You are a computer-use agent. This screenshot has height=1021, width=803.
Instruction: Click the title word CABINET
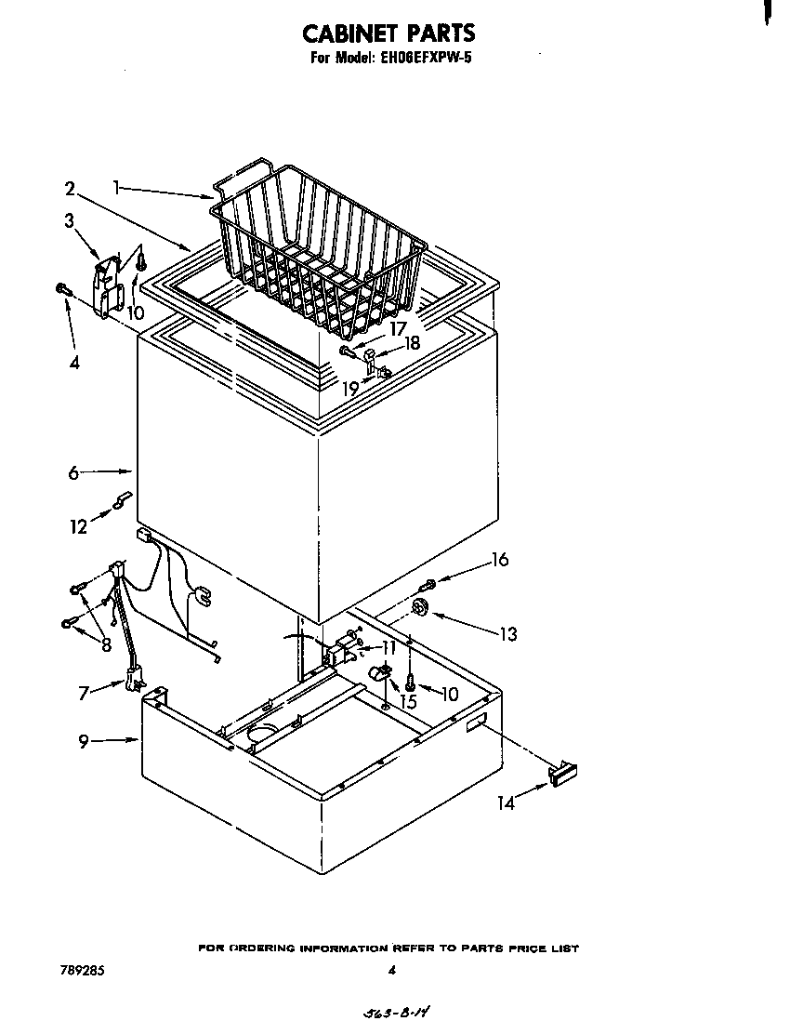point(352,33)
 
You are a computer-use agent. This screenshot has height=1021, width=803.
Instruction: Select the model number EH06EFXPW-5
point(428,57)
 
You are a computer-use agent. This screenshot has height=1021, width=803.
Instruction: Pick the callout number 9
point(85,741)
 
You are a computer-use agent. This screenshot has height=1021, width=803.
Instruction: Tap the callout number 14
point(506,803)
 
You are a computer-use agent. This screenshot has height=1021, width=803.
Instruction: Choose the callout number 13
point(507,634)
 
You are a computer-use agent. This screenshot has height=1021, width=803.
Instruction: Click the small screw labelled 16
point(428,585)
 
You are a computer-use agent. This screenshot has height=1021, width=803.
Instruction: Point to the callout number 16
point(500,560)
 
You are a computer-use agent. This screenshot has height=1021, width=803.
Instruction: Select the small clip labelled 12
point(121,501)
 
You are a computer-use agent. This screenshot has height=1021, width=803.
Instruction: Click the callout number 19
point(349,389)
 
